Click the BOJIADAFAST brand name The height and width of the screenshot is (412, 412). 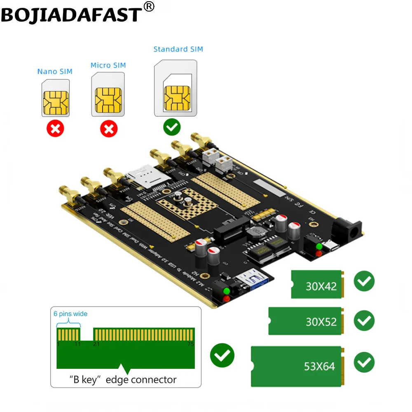[71, 14]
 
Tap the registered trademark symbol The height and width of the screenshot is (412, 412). [149, 7]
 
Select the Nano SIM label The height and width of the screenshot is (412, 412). [55, 72]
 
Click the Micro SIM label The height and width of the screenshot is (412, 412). [108, 66]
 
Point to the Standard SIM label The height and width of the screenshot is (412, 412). [178, 49]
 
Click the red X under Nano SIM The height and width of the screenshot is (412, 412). [56, 129]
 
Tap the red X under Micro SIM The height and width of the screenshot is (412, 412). [109, 129]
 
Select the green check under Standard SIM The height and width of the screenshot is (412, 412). [172, 127]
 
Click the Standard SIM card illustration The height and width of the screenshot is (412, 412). [175, 88]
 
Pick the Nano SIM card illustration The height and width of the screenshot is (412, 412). [56, 98]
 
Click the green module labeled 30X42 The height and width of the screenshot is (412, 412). [317, 284]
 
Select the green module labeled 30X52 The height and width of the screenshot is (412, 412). [305, 321]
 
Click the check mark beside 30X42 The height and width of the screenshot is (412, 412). [364, 281]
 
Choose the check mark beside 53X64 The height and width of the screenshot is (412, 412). [364, 363]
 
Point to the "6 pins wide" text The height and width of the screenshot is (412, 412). [70, 314]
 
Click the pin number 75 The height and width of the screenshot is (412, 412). [190, 344]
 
